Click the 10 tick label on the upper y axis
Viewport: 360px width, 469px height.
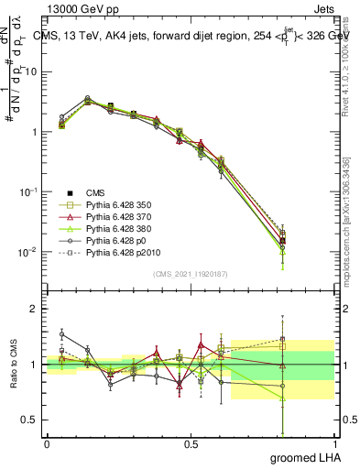pos(31,72)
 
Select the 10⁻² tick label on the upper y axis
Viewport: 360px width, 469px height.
pos(29,252)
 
